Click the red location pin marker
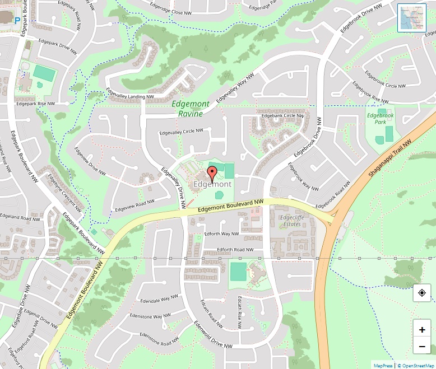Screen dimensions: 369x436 212,173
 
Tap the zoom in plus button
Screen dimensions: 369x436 421,329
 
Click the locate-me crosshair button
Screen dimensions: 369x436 421,293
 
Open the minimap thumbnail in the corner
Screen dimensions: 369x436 412,18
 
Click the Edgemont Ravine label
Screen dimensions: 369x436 191,109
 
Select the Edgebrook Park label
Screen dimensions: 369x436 381,118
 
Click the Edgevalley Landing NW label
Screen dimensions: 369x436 129,96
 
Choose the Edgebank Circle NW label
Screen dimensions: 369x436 282,115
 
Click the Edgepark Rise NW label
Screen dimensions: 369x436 35,104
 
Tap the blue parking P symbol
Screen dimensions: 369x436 17,20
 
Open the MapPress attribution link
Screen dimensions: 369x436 383,365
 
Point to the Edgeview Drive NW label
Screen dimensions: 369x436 90,163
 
